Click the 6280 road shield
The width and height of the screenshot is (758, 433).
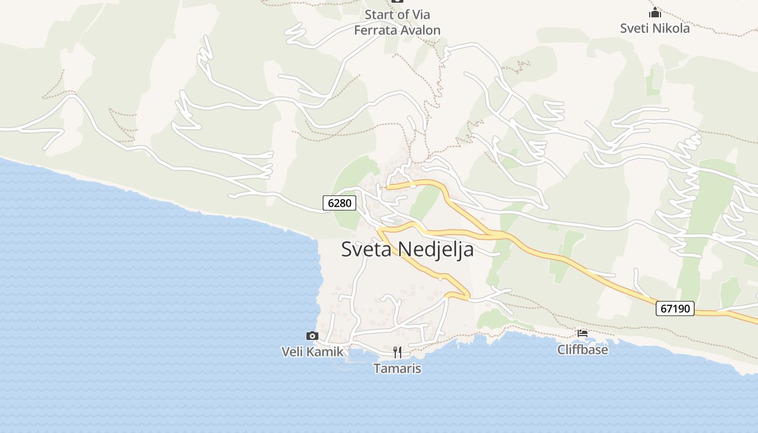(x=340, y=203)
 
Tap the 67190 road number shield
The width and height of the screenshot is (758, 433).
(x=675, y=309)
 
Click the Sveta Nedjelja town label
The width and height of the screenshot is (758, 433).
(x=407, y=250)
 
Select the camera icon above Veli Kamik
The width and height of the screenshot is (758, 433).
(x=312, y=336)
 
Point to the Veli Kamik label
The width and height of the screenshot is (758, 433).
(x=312, y=352)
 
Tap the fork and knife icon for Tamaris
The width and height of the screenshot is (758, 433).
(x=397, y=352)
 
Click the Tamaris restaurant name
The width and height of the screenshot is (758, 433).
(x=397, y=369)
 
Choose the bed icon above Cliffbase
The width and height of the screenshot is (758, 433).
(x=583, y=333)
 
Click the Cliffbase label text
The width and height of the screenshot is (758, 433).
(x=583, y=350)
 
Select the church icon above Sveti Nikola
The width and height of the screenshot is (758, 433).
(x=655, y=12)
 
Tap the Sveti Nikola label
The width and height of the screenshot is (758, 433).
(x=655, y=28)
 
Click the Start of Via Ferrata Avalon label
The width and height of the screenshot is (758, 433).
(x=397, y=22)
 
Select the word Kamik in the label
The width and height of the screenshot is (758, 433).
(x=325, y=352)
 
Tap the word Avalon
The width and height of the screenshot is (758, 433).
(x=420, y=30)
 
